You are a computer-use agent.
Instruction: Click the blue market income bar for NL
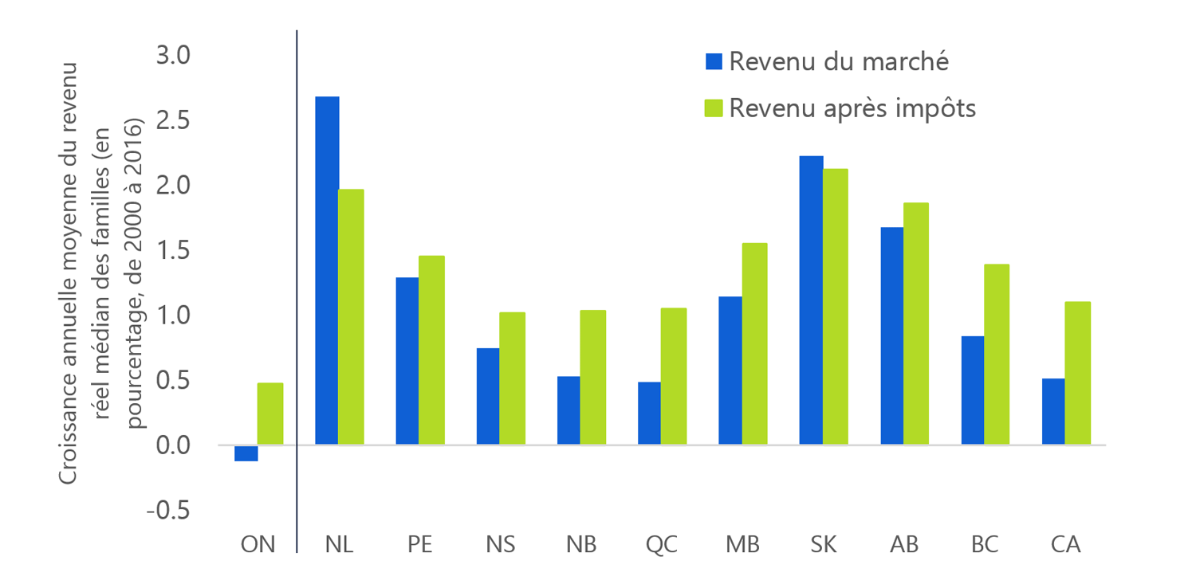(x=327, y=271)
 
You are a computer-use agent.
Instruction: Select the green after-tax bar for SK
(x=836, y=307)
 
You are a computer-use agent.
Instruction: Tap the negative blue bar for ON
(x=246, y=453)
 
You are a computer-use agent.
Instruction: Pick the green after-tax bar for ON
(x=270, y=414)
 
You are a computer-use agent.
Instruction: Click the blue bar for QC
(x=648, y=414)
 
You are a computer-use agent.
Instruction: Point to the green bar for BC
(x=997, y=355)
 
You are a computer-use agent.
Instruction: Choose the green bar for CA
(x=1077, y=373)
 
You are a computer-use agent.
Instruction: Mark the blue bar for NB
(x=568, y=410)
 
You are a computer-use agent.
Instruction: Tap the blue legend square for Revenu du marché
(x=714, y=61)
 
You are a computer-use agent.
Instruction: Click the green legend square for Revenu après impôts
(x=714, y=108)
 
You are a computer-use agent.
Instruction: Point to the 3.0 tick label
(x=173, y=56)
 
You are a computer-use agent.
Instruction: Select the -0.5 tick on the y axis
(x=169, y=511)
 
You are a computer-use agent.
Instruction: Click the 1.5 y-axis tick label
(x=173, y=251)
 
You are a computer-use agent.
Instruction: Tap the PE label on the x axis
(x=419, y=546)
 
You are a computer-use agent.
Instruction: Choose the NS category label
(x=501, y=546)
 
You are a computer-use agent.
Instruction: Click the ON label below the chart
(x=258, y=546)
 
